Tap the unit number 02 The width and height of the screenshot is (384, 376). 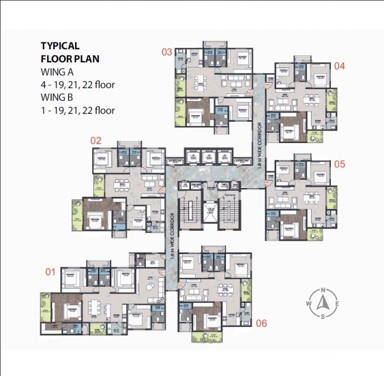(x=96, y=140)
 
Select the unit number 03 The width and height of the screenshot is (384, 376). (x=166, y=52)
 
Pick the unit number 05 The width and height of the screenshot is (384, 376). (x=339, y=164)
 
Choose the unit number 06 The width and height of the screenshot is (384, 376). (x=261, y=323)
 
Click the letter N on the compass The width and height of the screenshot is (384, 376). (x=323, y=290)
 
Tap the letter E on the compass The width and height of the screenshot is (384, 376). (x=337, y=304)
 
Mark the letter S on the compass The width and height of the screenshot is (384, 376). (x=323, y=317)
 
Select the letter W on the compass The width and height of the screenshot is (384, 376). (x=309, y=304)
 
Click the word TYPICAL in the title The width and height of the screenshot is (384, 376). (x=60, y=46)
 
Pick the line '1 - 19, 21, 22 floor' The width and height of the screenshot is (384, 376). (x=78, y=110)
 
